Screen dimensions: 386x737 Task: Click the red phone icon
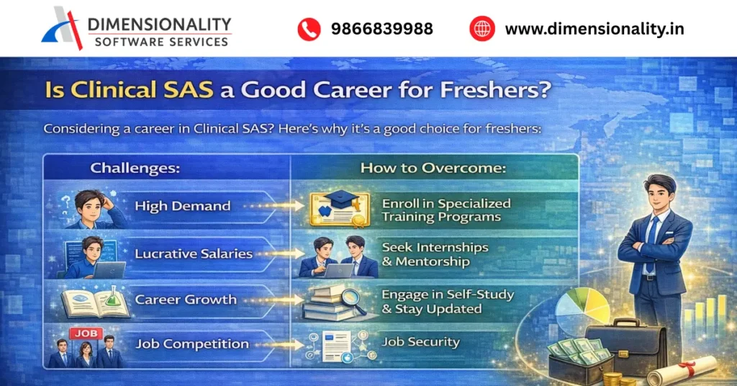point(309,29)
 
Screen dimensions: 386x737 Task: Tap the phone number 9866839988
point(381,30)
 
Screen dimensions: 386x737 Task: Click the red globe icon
point(482,29)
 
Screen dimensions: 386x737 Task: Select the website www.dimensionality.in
point(594,30)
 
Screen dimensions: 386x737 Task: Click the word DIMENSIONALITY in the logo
point(159,24)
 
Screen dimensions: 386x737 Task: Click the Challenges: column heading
point(135,169)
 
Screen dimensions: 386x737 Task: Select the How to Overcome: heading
point(433,169)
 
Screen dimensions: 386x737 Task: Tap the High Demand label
point(183,206)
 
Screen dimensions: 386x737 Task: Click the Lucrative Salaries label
point(194,253)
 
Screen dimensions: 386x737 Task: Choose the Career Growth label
point(186,300)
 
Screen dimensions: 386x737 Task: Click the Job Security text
point(421,341)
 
